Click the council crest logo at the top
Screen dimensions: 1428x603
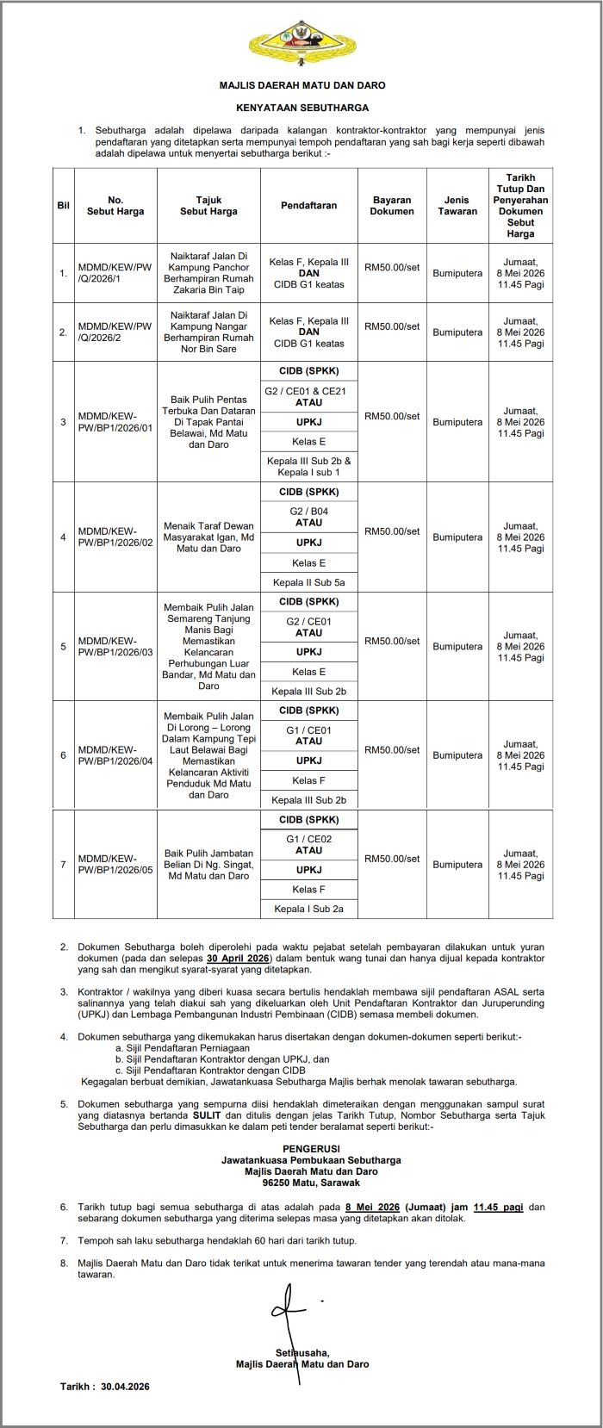tap(301, 43)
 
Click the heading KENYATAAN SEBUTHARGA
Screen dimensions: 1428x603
tap(302, 108)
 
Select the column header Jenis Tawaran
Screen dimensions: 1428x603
tap(457, 206)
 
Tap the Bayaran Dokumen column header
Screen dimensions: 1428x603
tap(392, 206)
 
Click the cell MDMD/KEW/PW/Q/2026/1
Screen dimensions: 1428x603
tap(115, 273)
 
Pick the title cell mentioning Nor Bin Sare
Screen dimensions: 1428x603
tap(208, 332)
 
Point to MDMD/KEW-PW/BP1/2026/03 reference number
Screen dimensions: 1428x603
tap(115, 647)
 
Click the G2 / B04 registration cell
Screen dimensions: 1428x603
tap(308, 517)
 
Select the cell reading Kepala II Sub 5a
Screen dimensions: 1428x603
tap(308, 582)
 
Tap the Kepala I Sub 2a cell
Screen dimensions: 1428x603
tap(308, 909)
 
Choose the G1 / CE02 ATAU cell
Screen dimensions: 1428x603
tap(308, 844)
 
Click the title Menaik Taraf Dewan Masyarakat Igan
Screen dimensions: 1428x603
tap(208, 537)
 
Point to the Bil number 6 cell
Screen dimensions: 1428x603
tap(63, 755)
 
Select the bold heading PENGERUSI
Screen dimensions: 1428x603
tap(311, 1149)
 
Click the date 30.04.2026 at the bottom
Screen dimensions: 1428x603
tap(125, 1387)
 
